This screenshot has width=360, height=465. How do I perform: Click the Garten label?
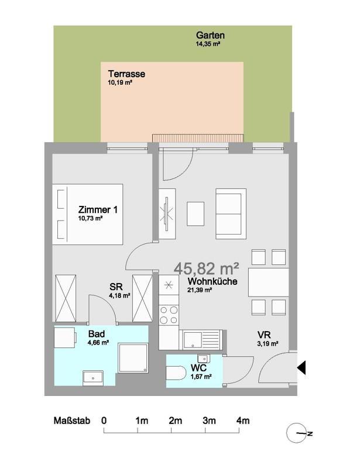210,35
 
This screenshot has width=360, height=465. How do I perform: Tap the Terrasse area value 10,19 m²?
119,82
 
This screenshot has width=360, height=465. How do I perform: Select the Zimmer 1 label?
98,209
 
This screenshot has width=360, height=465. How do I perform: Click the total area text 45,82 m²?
206,268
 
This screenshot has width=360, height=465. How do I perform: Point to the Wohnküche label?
212,281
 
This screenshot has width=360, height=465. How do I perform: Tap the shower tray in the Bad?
133,358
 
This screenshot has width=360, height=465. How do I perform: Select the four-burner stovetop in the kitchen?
169,315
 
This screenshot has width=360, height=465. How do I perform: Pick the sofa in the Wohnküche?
231,213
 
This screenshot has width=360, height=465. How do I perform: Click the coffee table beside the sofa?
196,213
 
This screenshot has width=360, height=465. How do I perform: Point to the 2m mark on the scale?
175,421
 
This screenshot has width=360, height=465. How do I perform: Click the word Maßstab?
72,421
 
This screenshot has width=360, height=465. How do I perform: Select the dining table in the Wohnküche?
269,283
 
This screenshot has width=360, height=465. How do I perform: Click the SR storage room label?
116,287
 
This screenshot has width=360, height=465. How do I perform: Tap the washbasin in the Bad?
93,378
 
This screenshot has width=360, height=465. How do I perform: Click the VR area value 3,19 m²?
268,344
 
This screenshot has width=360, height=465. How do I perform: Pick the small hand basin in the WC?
204,358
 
